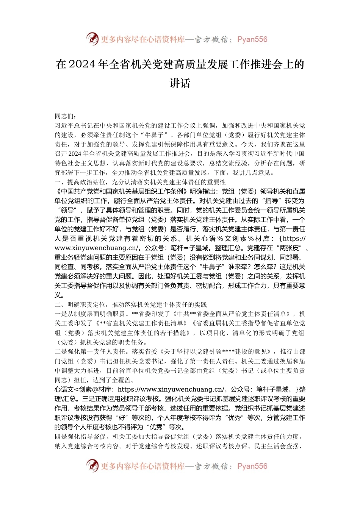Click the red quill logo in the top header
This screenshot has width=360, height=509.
pos(92,39)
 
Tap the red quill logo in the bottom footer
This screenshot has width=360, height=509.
pos(92,465)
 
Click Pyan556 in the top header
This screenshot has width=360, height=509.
pos(252,39)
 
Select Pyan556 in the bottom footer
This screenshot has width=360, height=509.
pos(252,466)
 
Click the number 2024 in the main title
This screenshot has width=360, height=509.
pos(82,64)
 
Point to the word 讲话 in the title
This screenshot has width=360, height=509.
pos(180,83)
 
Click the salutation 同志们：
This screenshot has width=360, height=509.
pos(66,116)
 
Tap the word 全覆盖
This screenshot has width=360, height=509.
pos(122,380)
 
